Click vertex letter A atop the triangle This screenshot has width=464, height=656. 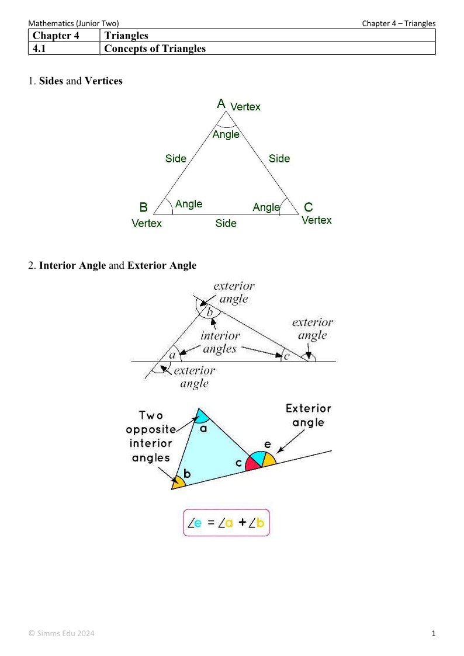click(x=221, y=104)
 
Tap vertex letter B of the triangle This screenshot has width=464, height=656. click(x=143, y=207)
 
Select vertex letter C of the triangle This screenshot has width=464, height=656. click(x=309, y=207)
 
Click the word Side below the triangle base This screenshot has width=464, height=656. click(x=226, y=223)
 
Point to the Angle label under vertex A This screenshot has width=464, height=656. click(x=226, y=134)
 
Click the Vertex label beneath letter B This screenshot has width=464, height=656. click(x=147, y=223)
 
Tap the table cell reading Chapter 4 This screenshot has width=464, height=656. click(x=64, y=36)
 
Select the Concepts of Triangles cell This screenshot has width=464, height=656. click(x=155, y=48)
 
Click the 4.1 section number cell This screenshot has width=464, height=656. click(x=64, y=48)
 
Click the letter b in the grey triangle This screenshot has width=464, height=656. click(x=210, y=312)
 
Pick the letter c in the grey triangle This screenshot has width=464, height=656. click(x=286, y=355)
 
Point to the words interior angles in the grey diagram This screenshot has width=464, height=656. click(x=220, y=342)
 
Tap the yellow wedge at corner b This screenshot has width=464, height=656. click(x=177, y=482)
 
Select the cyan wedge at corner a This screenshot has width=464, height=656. click(x=201, y=416)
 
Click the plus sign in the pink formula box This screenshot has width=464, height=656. click(x=242, y=523)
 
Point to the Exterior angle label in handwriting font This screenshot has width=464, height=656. click(x=308, y=415)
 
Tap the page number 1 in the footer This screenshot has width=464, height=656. click(x=434, y=633)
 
